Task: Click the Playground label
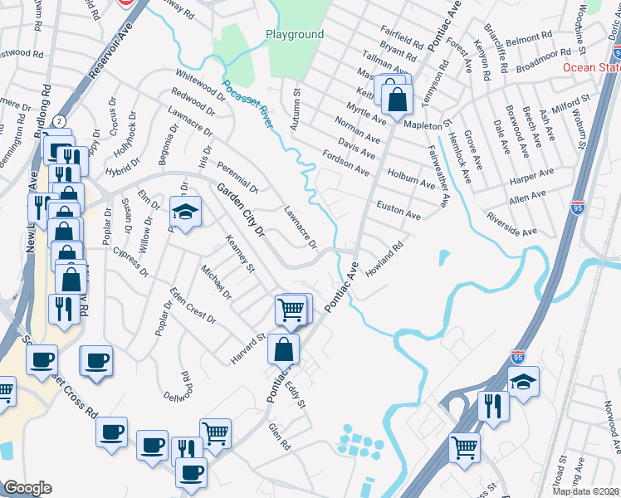point(294,35)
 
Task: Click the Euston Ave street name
point(399,209)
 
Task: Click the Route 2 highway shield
point(60,121)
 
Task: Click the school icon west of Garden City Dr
point(185,212)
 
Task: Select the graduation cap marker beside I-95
point(523,383)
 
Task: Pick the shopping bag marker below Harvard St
point(283,349)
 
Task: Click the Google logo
point(28,488)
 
